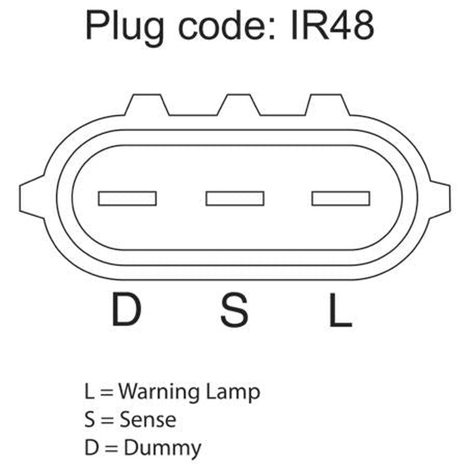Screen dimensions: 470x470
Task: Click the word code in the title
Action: (226, 26)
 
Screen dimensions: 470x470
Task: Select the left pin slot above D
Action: (127, 199)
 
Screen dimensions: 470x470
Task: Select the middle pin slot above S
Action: (235, 199)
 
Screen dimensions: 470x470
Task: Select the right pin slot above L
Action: (341, 199)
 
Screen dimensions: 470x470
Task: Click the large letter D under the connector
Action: (127, 310)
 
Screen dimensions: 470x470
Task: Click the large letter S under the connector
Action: (234, 310)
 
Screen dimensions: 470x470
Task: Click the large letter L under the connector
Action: (341, 310)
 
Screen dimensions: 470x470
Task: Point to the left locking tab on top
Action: (146, 105)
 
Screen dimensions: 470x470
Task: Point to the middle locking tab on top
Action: (239, 105)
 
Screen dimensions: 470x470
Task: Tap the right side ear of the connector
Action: (439, 198)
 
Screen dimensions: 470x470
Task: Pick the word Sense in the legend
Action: (148, 420)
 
